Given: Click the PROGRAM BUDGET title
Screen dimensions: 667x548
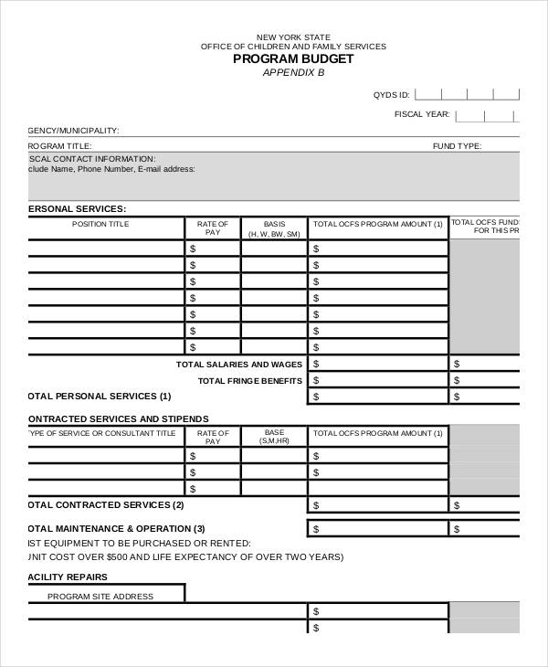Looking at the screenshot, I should pyautogui.click(x=293, y=58).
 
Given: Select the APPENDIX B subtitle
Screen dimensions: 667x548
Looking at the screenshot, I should pyautogui.click(x=293, y=72).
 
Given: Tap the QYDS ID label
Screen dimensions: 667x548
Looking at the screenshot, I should pyautogui.click(x=391, y=94).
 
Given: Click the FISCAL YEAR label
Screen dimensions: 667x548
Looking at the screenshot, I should pyautogui.click(x=421, y=114).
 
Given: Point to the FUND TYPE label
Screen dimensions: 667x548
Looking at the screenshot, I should pyautogui.click(x=457, y=146).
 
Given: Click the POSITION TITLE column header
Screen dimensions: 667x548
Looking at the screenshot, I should pyautogui.click(x=100, y=224).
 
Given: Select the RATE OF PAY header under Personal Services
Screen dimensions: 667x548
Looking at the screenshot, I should pyautogui.click(x=213, y=228).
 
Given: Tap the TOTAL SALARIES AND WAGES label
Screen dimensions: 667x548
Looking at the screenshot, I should pyautogui.click(x=237, y=364).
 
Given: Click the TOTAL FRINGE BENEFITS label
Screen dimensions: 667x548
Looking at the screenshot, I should pyautogui.click(x=249, y=380).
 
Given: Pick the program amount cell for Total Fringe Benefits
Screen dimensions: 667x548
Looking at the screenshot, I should pyautogui.click(x=377, y=380).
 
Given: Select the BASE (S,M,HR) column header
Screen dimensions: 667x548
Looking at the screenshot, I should pyautogui.click(x=274, y=437).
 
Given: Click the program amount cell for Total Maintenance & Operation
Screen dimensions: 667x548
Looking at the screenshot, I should pyautogui.click(x=377, y=529).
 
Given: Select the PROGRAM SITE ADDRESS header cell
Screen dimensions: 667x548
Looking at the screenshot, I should pyautogui.click(x=100, y=596).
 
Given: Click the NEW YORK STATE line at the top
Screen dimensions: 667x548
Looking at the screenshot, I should pyautogui.click(x=293, y=37).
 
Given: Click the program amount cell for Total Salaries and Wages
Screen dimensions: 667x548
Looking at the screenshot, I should pyautogui.click(x=377, y=364).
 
